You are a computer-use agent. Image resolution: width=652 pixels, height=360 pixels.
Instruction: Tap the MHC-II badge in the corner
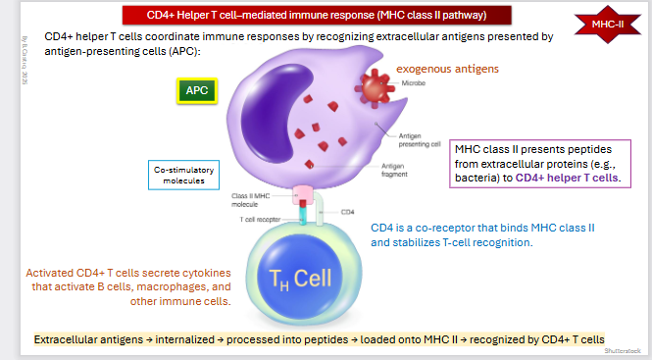pyautogui.click(x=615, y=24)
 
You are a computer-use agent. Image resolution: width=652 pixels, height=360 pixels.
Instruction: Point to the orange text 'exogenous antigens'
pyautogui.click(x=446, y=70)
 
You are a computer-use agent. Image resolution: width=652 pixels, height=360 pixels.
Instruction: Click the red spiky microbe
pyautogui.click(x=374, y=87)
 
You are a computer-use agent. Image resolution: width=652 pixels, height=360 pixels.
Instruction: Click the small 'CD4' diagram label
pyautogui.click(x=346, y=211)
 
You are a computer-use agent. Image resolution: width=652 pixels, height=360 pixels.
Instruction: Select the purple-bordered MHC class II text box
pyautogui.click(x=540, y=163)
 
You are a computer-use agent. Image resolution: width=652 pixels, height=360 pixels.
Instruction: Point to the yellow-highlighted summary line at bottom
pyautogui.click(x=319, y=339)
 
